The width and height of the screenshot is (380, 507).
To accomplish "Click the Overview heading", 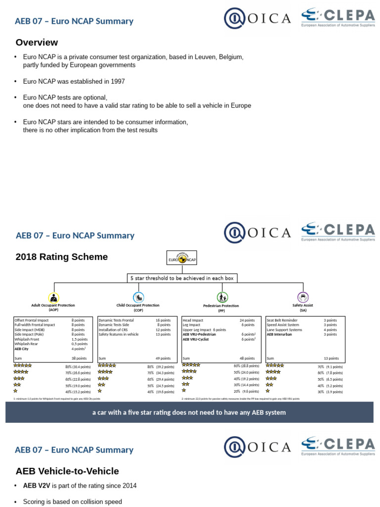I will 37,43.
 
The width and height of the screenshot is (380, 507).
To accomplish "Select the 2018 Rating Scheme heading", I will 62,257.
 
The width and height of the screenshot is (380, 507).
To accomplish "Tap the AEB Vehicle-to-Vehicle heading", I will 67,471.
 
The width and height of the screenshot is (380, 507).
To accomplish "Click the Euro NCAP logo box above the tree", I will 182,257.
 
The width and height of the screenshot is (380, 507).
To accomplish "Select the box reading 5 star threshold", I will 182,278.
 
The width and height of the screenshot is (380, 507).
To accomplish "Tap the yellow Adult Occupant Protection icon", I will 53,298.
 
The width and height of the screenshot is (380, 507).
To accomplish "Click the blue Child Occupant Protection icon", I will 139,297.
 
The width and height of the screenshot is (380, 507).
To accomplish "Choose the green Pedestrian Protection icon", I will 222,298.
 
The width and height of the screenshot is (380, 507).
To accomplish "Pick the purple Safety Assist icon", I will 303,297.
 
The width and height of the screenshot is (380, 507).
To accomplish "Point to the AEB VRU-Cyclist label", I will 196,339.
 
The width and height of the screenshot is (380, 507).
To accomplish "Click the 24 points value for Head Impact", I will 247,320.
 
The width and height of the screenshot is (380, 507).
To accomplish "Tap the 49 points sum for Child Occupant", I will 163,358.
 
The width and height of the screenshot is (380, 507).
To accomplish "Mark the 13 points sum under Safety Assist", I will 331,358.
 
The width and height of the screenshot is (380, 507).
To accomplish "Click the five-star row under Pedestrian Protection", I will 191,365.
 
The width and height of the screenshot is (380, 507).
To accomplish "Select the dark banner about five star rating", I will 190,412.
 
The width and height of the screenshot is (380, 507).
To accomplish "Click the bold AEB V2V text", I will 35,486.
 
